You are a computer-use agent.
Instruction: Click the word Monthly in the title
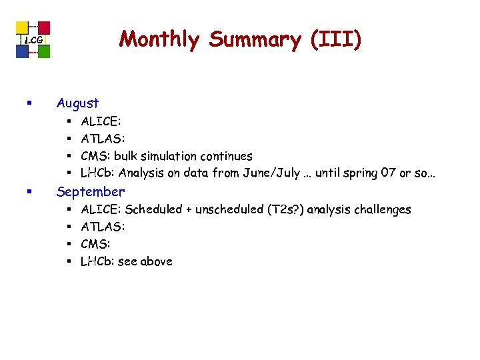click(x=159, y=40)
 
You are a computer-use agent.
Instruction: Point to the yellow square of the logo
click(x=22, y=27)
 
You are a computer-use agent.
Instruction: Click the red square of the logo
click(x=44, y=27)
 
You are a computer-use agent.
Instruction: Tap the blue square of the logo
click(x=22, y=51)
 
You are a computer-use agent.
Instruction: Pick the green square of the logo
click(x=44, y=51)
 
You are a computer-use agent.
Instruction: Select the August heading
click(x=77, y=103)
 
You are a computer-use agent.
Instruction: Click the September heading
click(x=90, y=192)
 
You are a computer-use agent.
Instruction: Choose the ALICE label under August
click(x=101, y=122)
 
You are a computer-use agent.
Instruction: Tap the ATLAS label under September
click(x=103, y=227)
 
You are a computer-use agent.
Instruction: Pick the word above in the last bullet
click(x=156, y=262)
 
